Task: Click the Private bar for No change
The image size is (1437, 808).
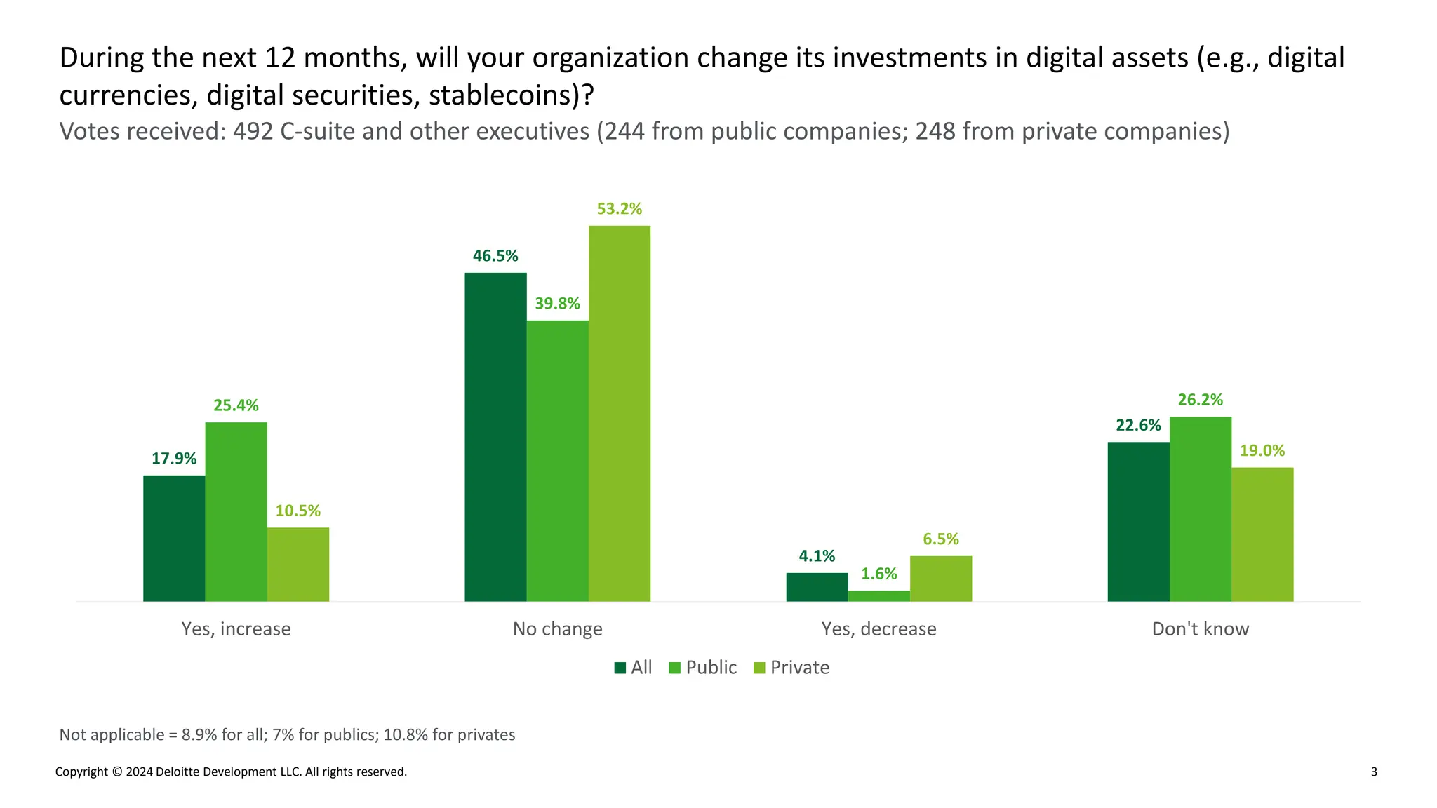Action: coord(619,414)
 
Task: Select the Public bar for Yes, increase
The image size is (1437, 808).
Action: coord(236,512)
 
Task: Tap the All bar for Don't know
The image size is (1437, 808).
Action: coord(1138,522)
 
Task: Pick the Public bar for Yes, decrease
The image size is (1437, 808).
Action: coord(878,596)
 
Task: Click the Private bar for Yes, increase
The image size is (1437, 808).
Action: coord(298,565)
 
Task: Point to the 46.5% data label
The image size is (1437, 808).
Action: coord(495,256)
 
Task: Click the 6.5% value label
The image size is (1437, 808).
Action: coord(940,539)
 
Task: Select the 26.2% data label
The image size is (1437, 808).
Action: coord(1200,400)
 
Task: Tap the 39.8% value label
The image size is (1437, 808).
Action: coord(557,304)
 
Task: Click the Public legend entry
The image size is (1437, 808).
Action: coord(703,668)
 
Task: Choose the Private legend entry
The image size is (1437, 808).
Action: coord(791,668)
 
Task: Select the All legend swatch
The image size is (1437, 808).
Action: coord(620,668)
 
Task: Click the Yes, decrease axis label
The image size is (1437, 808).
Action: coord(878,629)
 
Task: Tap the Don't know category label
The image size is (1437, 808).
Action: coord(1200,629)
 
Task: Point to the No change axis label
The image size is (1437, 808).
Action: coord(557,629)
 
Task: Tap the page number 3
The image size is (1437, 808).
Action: coord(1373,772)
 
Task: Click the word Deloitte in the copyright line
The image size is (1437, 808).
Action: coord(178,772)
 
